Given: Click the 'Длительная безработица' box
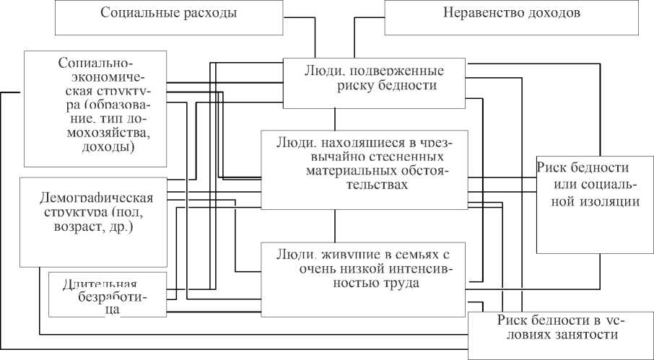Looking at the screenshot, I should click(107, 294).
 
